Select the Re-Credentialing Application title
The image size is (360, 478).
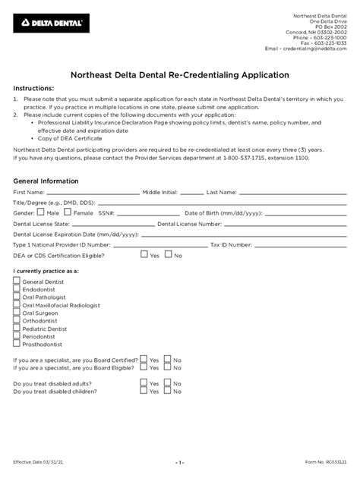pyautogui.click(x=179, y=75)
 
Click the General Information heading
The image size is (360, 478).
pyautogui.click(x=46, y=181)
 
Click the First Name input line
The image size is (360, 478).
pyautogui.click(x=93, y=193)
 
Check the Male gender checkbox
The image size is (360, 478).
pyautogui.click(x=43, y=213)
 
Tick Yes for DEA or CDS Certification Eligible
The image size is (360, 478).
pyautogui.click(x=144, y=256)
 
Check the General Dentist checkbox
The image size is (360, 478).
pyautogui.click(x=17, y=281)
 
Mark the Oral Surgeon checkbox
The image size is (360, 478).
pyautogui.click(x=17, y=312)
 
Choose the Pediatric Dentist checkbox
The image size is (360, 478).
pyautogui.click(x=17, y=329)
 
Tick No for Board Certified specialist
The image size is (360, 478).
pyautogui.click(x=168, y=359)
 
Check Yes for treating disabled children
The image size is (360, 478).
pyautogui.click(x=144, y=393)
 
